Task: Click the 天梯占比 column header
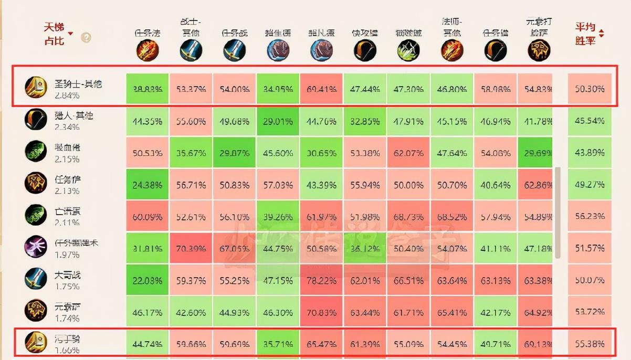click(x=55, y=34)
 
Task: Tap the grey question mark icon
click(x=86, y=38)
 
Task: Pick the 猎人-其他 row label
click(x=73, y=115)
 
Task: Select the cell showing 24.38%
click(x=148, y=185)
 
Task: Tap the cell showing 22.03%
click(x=148, y=280)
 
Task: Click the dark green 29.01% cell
click(x=278, y=121)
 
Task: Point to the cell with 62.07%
click(x=408, y=153)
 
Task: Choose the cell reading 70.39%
click(x=191, y=248)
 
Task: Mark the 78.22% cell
click(x=321, y=280)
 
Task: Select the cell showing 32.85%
click(x=365, y=121)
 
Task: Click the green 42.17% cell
click(x=495, y=312)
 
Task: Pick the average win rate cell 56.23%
click(x=590, y=216)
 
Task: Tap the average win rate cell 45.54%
click(x=590, y=121)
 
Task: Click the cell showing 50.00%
click(x=408, y=185)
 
